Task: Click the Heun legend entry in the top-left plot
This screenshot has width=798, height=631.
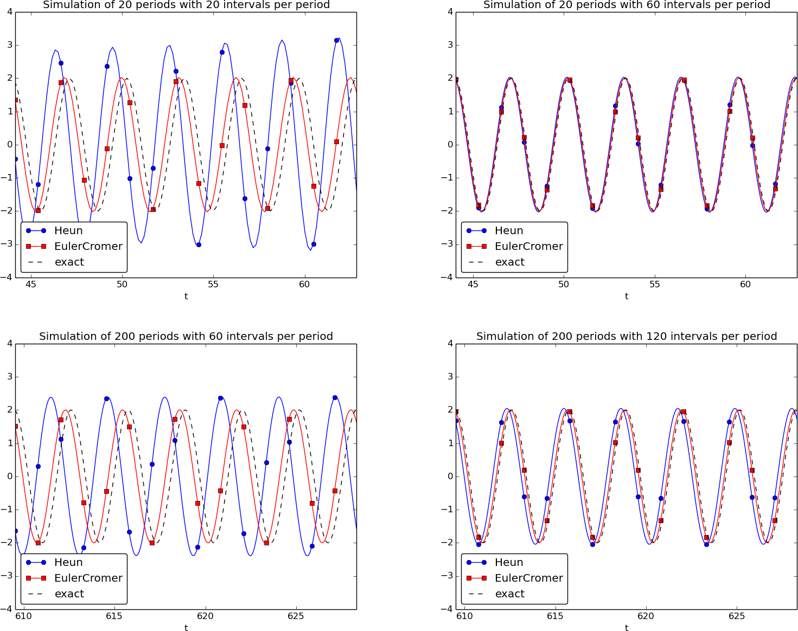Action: click(x=68, y=230)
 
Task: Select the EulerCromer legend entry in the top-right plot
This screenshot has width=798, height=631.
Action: click(x=528, y=246)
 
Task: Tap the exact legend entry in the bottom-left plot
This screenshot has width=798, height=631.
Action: click(x=69, y=594)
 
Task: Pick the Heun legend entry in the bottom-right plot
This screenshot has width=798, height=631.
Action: click(x=508, y=562)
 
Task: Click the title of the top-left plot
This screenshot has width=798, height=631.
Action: click(x=186, y=5)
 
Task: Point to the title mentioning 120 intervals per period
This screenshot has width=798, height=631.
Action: click(x=626, y=336)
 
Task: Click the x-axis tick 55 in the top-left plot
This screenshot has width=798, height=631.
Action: click(x=213, y=284)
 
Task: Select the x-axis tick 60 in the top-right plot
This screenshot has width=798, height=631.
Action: click(x=745, y=284)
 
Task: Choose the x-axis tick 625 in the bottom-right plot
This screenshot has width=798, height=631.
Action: click(x=737, y=616)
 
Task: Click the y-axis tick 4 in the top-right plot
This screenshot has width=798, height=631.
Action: click(x=450, y=11)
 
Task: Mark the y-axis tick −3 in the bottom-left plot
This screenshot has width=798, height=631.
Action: click(x=8, y=576)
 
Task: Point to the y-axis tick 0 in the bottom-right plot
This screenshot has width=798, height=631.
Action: click(x=450, y=476)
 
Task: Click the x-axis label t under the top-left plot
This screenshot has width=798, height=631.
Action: click(x=186, y=296)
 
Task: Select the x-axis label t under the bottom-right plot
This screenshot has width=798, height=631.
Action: click(x=627, y=628)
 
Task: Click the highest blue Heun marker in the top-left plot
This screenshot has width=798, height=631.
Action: click(x=336, y=40)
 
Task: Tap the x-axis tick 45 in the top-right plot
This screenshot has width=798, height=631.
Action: click(x=473, y=284)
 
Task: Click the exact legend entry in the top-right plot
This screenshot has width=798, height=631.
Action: click(x=509, y=262)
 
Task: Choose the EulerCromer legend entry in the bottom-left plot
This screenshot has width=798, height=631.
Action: click(x=88, y=578)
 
